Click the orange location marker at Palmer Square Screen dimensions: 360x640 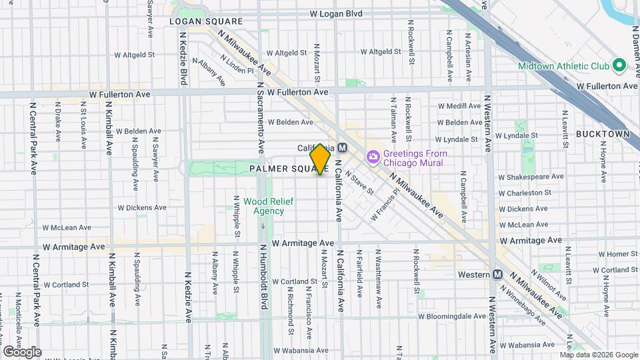tap(321, 159)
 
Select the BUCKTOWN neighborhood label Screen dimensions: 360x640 tap(603, 134)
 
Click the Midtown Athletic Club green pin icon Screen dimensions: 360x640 tap(619, 66)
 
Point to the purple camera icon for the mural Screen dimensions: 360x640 tap(373, 157)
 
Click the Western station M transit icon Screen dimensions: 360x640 tap(497, 275)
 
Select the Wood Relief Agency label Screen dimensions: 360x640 tap(263, 206)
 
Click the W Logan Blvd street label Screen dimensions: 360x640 tap(336, 13)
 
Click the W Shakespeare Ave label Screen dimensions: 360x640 tap(531, 177)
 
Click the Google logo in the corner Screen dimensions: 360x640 tap(22, 351)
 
